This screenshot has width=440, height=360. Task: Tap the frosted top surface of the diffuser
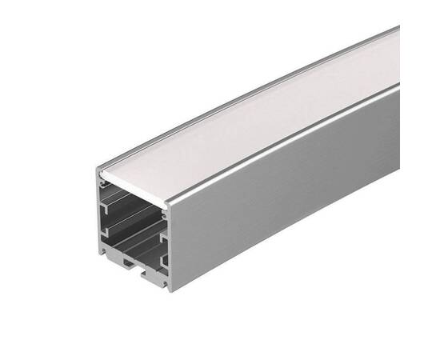pos(264,112)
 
